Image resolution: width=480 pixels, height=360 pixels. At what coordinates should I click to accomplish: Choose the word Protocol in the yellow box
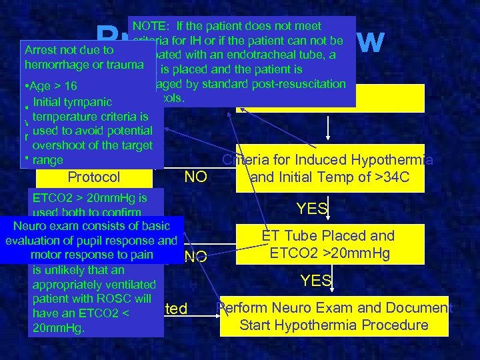coord(93,177)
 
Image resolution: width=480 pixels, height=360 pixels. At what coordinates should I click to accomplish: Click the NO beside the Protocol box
coord(195,177)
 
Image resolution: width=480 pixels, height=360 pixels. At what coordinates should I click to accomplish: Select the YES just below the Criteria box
coord(312,209)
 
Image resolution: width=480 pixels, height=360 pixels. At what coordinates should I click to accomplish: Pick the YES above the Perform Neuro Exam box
coord(316,281)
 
